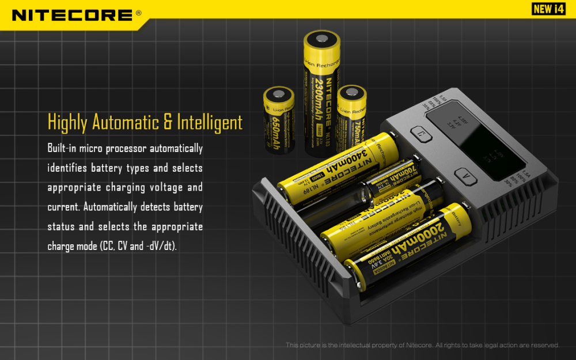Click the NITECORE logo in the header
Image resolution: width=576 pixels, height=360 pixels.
(x=73, y=14)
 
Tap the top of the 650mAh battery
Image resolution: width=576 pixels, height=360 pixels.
(x=279, y=94)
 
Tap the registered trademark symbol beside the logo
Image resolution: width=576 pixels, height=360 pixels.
(x=138, y=13)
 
